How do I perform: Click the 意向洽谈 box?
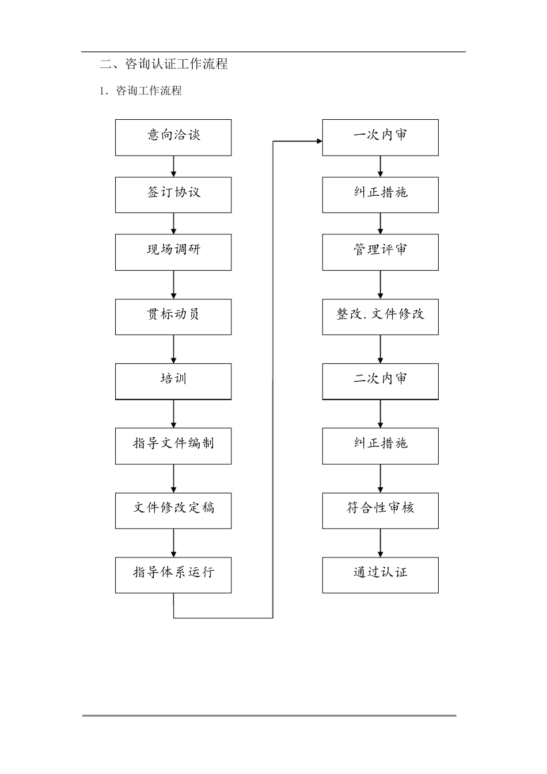tap(173, 138)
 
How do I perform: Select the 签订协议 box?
tap(173, 195)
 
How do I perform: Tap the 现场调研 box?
tap(173, 252)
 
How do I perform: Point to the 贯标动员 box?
tap(173, 317)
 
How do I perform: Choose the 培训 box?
tap(173, 381)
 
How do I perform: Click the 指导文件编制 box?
tap(173, 446)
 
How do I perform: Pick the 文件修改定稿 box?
tap(173, 510)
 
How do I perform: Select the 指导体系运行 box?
tap(173, 575)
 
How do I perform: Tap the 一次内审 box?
tap(380, 138)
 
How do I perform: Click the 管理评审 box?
tap(380, 252)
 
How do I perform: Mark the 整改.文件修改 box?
tap(380, 317)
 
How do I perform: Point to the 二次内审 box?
tap(380, 381)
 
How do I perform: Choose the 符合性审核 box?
tap(380, 510)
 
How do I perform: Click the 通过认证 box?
tap(380, 575)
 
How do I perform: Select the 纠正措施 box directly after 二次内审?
tap(380, 446)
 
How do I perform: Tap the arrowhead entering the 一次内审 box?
tap(318, 141)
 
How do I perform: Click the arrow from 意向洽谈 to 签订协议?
tap(173, 166)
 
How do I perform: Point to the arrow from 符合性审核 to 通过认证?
tap(381, 542)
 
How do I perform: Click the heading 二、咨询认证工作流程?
tap(164, 64)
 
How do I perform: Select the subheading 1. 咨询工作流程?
tap(140, 91)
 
